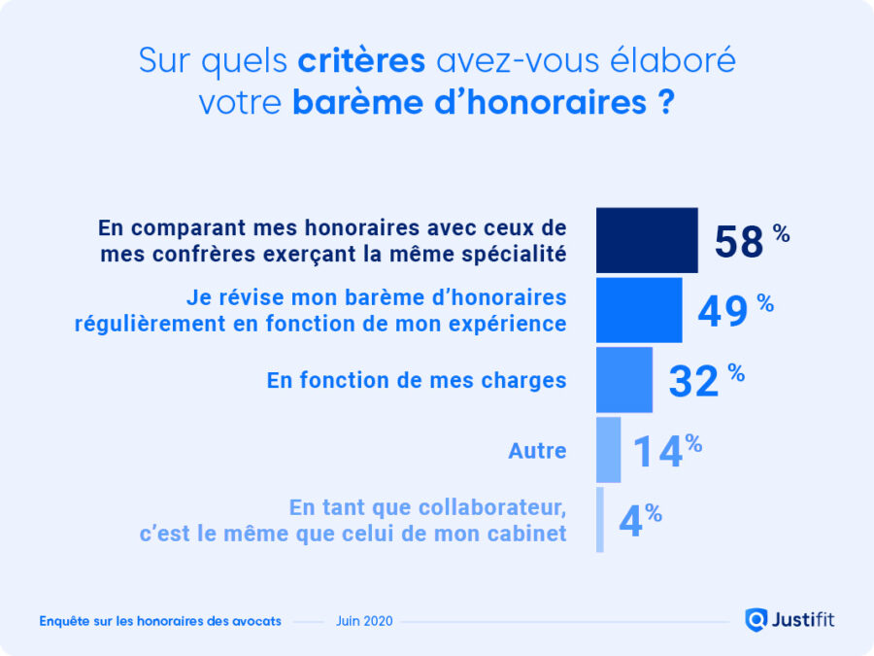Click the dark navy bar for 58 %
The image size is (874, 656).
point(646,240)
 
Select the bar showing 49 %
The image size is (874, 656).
point(638,310)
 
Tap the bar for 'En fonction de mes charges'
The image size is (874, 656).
point(623,380)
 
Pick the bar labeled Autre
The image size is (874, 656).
point(608,450)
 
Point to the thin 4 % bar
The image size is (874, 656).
point(600,520)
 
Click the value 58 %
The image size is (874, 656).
point(751,241)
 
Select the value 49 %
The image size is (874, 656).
point(734,311)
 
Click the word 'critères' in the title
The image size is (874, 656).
point(361,60)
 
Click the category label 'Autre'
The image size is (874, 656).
point(537,451)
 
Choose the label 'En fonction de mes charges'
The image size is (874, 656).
point(417,381)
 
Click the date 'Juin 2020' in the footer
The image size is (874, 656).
point(364,621)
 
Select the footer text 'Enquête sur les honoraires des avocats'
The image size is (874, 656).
point(160,621)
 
